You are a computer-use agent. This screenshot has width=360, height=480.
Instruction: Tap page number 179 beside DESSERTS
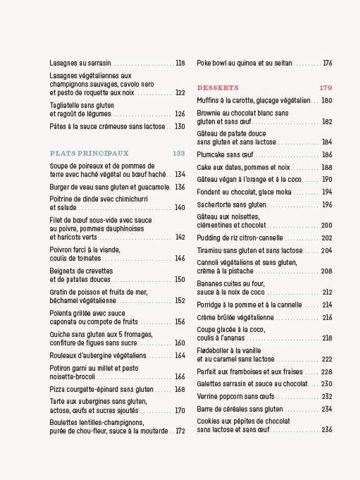click(x=326, y=87)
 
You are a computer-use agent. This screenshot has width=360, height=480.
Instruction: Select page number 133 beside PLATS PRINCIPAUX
click(x=179, y=153)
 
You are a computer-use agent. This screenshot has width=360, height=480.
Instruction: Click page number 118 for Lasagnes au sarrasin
click(x=181, y=63)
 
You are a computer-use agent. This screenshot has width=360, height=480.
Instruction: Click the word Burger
click(x=59, y=187)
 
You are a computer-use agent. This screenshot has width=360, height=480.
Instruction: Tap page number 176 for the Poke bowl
click(x=327, y=63)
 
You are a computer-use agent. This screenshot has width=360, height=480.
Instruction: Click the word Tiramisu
click(x=210, y=250)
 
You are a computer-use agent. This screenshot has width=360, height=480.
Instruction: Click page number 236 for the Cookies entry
click(x=327, y=430)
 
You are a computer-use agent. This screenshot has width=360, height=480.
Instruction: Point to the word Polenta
click(x=61, y=313)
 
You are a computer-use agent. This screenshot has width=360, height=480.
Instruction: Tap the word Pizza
click(x=57, y=389)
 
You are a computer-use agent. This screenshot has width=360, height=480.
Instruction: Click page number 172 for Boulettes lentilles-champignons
click(x=181, y=431)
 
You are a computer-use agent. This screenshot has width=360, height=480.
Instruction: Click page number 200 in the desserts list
click(x=327, y=226)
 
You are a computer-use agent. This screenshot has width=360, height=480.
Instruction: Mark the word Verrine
click(x=209, y=396)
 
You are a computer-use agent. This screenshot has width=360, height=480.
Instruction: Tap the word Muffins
click(x=209, y=101)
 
